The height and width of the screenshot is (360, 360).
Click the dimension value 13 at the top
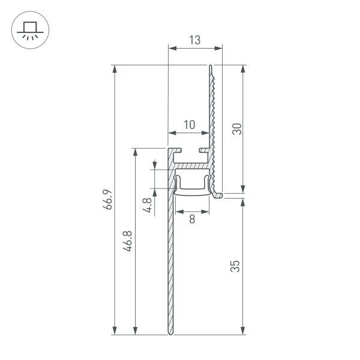tap(194, 40)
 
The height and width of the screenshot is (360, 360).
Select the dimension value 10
tap(189, 125)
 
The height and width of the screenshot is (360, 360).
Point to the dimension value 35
tap(236, 266)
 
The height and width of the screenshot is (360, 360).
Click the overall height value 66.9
tap(107, 200)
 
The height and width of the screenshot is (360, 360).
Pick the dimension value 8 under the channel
tap(192, 220)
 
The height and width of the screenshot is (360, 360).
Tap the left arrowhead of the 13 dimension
tap(170, 49)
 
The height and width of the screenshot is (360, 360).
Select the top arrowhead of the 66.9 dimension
tap(114, 68)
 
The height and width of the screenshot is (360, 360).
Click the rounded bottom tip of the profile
tap(170, 332)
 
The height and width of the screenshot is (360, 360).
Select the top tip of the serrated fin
tap(211, 66)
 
